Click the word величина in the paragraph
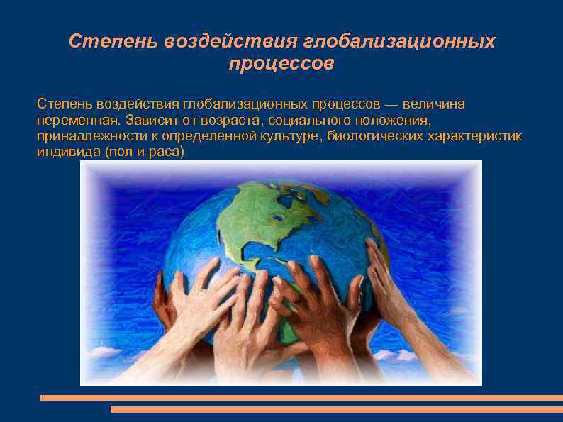(x=435, y=104)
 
